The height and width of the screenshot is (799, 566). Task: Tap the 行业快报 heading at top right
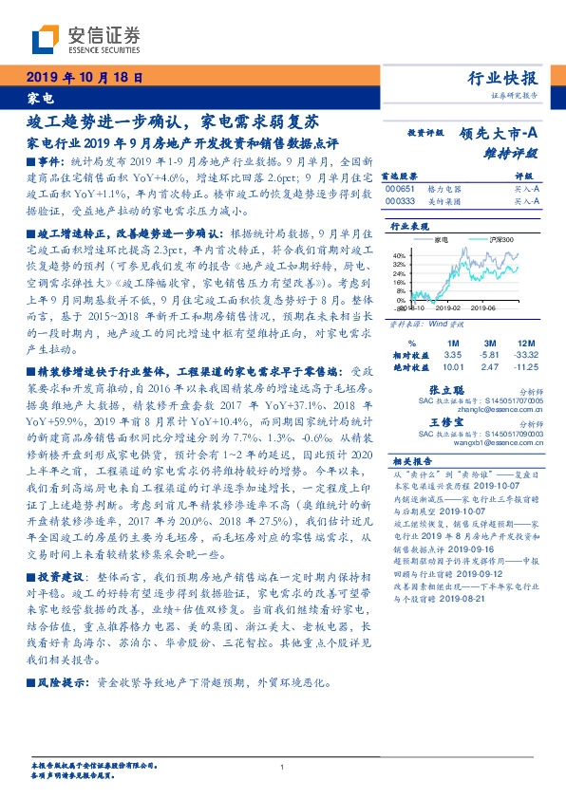point(503,78)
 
